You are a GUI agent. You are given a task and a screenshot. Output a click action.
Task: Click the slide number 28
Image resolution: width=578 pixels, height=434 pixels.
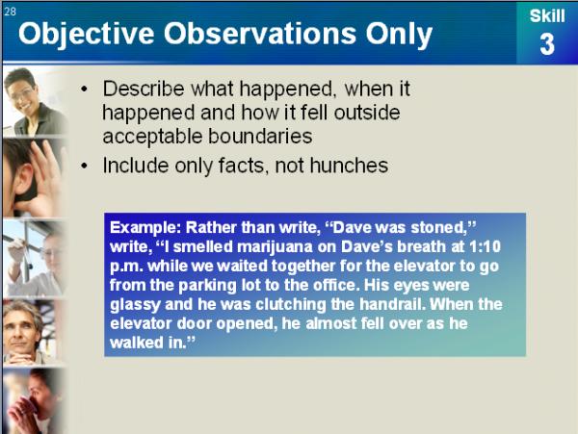coord(11,12)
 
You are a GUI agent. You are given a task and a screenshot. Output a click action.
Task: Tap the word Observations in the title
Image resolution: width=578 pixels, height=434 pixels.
coord(260,34)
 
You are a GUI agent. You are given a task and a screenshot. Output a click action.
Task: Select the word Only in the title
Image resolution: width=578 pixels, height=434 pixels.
coord(399,35)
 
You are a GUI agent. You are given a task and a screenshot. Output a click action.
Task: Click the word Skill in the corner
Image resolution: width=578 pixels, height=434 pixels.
coord(547,16)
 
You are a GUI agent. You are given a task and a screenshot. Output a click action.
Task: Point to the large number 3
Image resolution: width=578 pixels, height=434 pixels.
coord(547,44)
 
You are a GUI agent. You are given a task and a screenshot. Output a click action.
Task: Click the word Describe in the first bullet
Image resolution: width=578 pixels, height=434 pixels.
coord(144,89)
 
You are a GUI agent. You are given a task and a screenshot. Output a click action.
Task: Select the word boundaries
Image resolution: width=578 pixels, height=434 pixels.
coord(260,137)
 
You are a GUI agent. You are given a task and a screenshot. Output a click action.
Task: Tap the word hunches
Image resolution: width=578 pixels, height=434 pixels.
coord(349,166)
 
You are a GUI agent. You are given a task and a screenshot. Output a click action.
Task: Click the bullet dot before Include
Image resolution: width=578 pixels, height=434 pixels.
coord(85,166)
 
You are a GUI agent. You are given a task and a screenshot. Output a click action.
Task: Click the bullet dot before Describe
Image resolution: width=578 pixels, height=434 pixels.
coord(85,89)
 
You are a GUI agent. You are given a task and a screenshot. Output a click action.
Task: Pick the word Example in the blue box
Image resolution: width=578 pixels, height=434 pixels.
coord(145,227)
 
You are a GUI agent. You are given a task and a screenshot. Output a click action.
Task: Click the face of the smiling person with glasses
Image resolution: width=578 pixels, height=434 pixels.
coord(22,96)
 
